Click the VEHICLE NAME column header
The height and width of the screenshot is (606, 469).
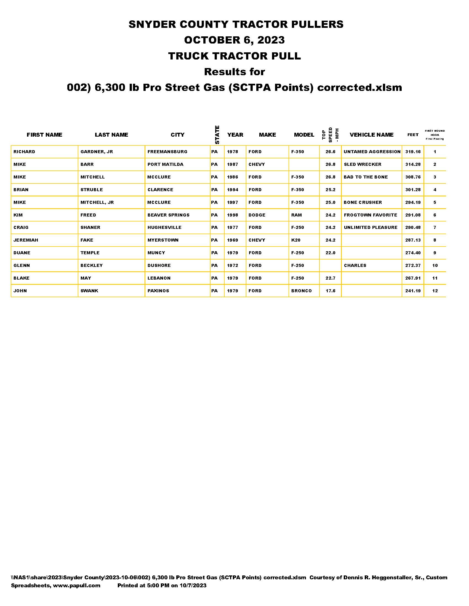tap(372, 135)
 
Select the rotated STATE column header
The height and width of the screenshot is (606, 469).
tap(217, 135)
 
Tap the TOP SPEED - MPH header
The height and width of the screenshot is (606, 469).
tap(330, 135)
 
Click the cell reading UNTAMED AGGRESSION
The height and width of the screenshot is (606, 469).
tap(372, 152)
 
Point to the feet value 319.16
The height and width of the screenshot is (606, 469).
tap(413, 152)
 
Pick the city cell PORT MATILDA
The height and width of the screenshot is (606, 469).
tap(165, 164)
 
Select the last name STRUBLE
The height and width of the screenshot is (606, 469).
tap(92, 190)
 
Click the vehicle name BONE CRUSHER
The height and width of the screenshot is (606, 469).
tap(363, 202)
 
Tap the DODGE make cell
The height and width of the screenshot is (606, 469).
tap(257, 215)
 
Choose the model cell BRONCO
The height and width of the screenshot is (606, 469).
tap(302, 291)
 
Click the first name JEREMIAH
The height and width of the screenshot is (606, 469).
tap(26, 240)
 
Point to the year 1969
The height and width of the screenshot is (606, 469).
tap(233, 240)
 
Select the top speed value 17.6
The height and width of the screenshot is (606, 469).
tap(330, 291)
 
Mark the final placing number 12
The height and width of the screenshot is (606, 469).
tap(435, 291)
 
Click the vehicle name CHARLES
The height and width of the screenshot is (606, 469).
tap(355, 266)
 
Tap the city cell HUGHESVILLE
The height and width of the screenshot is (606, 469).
tap(164, 228)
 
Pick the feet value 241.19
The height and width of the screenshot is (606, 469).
tap(413, 291)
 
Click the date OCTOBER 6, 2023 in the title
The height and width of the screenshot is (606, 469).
tap(234, 40)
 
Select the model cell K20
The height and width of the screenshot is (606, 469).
tap(296, 240)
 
